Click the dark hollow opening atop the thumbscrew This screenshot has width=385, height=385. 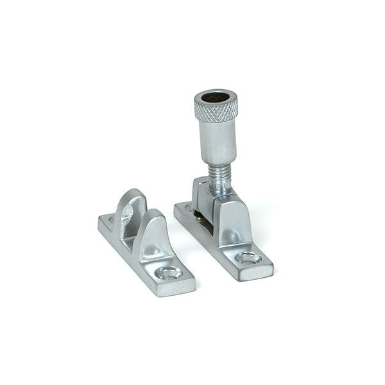point(214,99)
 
